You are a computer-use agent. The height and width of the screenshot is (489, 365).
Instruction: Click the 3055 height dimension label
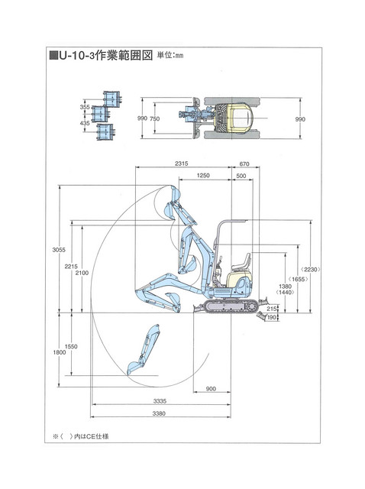tap(59, 250)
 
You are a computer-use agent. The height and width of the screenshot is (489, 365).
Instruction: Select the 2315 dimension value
tap(182, 164)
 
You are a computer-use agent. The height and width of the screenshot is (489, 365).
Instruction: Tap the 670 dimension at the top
tap(244, 164)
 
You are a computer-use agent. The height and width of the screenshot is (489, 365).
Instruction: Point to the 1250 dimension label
tap(203, 176)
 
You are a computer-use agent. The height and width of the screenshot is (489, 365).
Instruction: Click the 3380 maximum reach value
tap(159, 413)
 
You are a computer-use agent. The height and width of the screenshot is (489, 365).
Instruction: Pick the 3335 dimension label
tap(160, 401)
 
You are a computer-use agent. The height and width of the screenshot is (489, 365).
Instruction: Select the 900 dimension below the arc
tap(211, 389)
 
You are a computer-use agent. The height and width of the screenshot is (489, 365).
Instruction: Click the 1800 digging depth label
tap(60, 352)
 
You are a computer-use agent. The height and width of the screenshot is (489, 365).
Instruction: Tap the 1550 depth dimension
tap(71, 346)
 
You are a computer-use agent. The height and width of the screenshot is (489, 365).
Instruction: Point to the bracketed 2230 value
tap(310, 270)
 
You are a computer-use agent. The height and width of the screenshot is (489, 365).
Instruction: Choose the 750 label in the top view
tap(154, 119)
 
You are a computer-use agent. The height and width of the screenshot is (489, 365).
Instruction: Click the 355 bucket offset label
tap(85, 107)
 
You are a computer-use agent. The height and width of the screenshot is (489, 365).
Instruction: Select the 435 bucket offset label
tap(85, 123)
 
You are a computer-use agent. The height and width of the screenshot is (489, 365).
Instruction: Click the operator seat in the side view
tap(242, 263)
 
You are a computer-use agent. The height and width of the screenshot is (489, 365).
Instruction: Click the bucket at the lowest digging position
tap(134, 368)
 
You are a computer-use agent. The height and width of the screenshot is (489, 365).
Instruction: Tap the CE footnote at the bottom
tap(81, 436)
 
